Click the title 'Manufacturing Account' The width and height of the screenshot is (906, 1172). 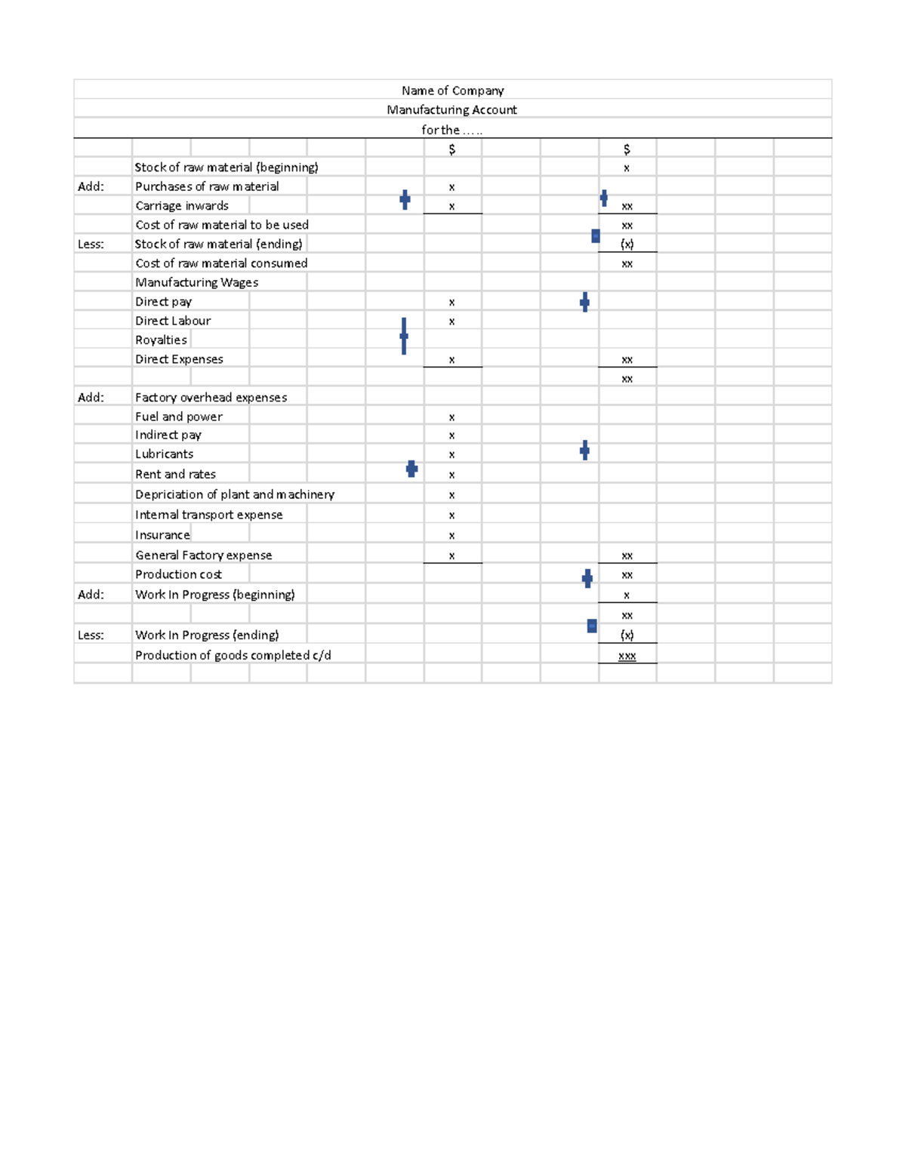[x=451, y=110]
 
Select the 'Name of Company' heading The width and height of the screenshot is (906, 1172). [x=452, y=91]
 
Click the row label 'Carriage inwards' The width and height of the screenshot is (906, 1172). [x=182, y=206]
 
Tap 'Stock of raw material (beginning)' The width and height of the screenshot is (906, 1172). [x=226, y=168]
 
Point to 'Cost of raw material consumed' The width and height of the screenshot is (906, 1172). [x=221, y=263]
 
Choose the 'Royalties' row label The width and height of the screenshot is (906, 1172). [x=161, y=340]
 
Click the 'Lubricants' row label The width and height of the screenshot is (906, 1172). [x=164, y=454]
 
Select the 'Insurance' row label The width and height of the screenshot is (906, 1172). [x=162, y=535]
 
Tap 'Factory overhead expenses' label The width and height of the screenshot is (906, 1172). [x=211, y=398]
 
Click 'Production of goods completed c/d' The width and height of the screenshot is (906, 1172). [x=233, y=656]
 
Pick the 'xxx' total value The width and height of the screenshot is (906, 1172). [x=627, y=657]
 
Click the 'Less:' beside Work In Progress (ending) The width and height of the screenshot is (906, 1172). [x=91, y=635]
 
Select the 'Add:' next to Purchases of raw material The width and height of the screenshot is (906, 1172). [x=91, y=186]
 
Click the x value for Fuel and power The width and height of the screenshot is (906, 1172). [x=451, y=417]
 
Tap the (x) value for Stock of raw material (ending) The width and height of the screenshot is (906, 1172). [x=627, y=245]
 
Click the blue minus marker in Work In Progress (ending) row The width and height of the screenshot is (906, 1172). [x=592, y=626]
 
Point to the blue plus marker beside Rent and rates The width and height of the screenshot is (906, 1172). [x=411, y=469]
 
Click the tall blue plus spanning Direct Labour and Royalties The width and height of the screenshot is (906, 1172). [x=404, y=336]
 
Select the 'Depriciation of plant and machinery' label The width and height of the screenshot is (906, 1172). [x=235, y=495]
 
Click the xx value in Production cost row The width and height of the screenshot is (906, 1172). [x=627, y=575]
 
